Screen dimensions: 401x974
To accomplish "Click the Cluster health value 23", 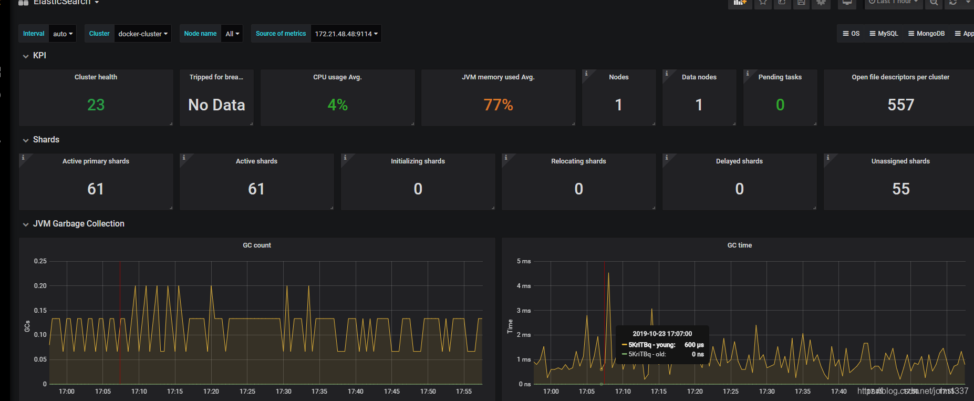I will (x=96, y=105).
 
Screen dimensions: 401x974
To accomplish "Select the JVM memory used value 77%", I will (x=498, y=105).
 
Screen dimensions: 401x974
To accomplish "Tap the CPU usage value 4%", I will (x=337, y=105).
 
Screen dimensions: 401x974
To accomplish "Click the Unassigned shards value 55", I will (x=900, y=189).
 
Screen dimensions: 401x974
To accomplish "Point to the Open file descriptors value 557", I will (x=900, y=105).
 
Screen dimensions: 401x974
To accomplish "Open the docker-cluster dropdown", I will (x=143, y=34).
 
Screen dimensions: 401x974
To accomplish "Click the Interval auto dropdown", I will (x=63, y=34).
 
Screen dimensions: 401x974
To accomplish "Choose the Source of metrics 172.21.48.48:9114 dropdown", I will (x=346, y=34).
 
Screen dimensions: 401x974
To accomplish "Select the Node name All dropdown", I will (x=232, y=34).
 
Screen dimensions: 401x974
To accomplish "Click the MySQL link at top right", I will (x=884, y=34).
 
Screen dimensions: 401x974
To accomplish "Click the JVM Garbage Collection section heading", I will (x=78, y=224).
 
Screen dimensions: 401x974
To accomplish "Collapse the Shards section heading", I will (x=46, y=140).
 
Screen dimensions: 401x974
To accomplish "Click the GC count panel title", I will (x=257, y=245).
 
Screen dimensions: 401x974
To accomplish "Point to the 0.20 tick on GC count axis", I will (x=40, y=286).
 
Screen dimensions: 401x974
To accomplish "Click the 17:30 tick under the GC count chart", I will (x=283, y=392).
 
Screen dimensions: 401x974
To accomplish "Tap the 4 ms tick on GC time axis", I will (x=524, y=286).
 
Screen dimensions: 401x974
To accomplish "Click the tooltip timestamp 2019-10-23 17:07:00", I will (x=662, y=334).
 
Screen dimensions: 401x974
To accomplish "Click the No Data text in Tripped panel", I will (x=216, y=105).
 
